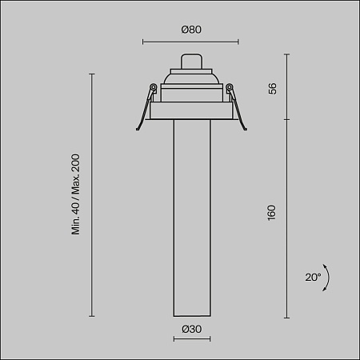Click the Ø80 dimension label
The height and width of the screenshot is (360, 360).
[x=190, y=30]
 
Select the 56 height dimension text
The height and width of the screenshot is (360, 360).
[x=272, y=88]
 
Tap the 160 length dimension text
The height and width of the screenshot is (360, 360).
[x=272, y=213]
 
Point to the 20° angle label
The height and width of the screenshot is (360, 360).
[x=312, y=278]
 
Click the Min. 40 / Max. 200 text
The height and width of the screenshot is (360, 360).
[x=76, y=194]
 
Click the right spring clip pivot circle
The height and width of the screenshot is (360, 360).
[x=230, y=88]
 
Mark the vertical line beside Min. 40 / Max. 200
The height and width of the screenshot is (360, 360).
[x=92, y=194]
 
